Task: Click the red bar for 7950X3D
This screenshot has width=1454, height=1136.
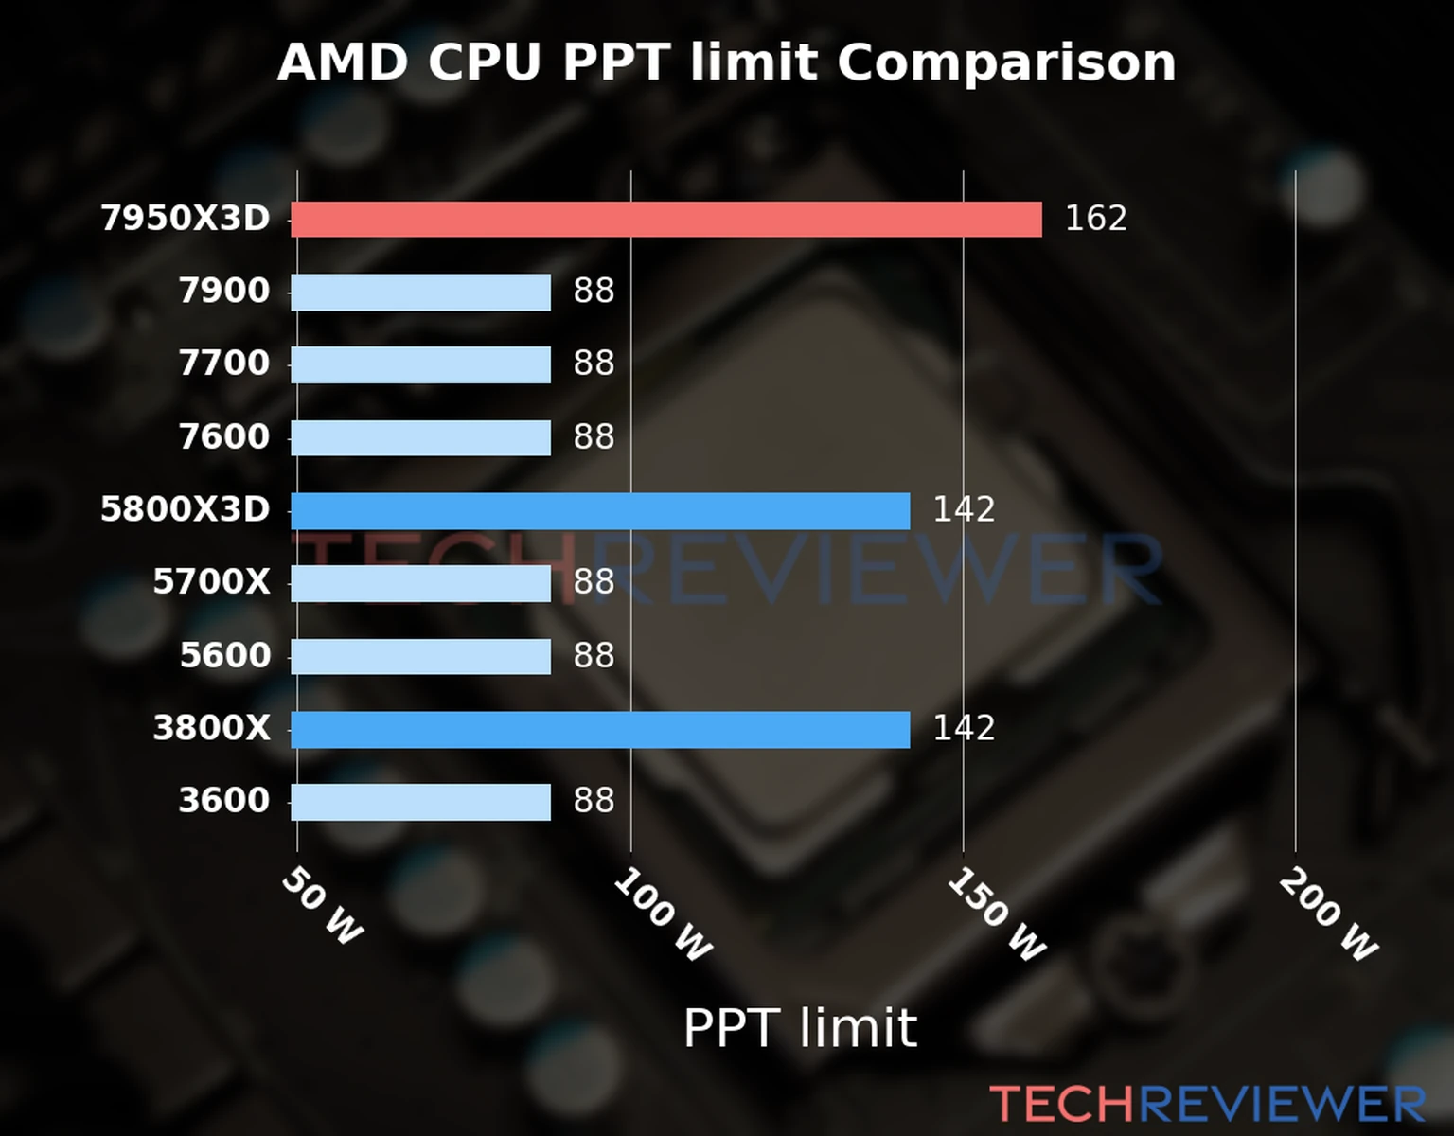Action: pos(665,219)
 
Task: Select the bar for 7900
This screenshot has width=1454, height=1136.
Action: pos(420,292)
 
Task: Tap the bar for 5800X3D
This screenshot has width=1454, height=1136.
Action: pos(600,510)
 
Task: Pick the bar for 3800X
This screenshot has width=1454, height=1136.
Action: pos(600,729)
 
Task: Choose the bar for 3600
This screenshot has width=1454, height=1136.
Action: pos(420,802)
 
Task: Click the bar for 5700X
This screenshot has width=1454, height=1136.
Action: pos(420,583)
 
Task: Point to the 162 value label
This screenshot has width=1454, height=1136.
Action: pos(1095,219)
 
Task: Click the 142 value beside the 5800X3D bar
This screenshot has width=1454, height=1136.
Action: pos(964,510)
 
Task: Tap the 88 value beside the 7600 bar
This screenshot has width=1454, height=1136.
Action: pos(594,437)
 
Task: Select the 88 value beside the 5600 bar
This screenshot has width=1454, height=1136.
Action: pos(594,656)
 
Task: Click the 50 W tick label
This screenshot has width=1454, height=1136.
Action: pos(322,906)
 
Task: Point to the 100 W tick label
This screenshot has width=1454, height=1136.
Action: pos(663,915)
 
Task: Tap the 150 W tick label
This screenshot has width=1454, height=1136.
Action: pos(996,915)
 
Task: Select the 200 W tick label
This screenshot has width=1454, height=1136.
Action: pos(1328,915)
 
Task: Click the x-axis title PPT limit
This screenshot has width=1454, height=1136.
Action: pos(800,1028)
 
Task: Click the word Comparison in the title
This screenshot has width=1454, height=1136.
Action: pos(1006,63)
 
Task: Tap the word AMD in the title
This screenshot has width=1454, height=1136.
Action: pos(342,63)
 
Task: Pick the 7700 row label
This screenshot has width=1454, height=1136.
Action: pos(224,364)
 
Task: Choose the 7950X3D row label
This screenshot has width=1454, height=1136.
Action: pos(186,219)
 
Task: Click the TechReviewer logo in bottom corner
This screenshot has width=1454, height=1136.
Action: pos(1207,1104)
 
